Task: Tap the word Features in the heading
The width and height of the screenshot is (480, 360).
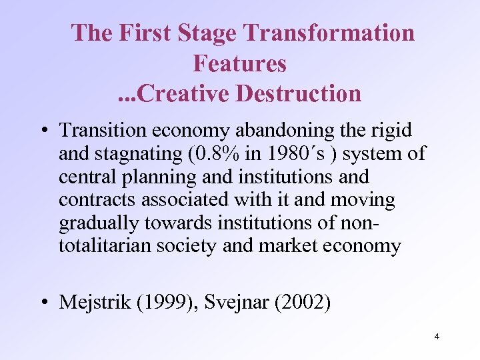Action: (x=239, y=63)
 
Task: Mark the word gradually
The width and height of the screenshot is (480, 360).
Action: (x=100, y=223)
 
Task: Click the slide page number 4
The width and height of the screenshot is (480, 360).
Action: (x=436, y=337)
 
